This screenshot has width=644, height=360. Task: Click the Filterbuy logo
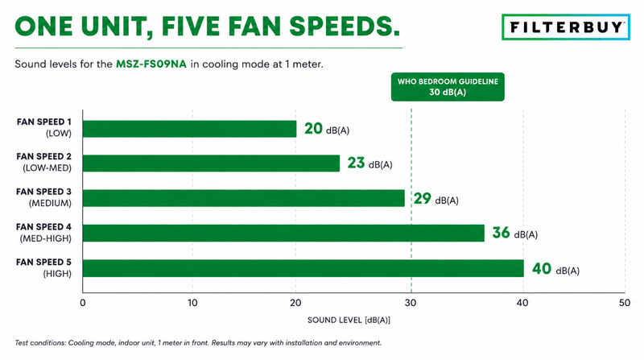pos(566,27)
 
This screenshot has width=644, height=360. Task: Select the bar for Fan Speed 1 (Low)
pos(189,129)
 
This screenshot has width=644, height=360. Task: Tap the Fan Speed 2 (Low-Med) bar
pos(211,163)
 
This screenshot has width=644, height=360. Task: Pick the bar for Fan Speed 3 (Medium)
pos(244,198)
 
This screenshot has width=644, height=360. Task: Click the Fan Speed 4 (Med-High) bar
pos(283,233)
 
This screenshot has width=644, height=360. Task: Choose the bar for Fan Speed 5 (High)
pos(303,268)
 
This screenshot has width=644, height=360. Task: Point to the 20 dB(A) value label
pos(327,129)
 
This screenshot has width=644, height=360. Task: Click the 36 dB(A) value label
pos(515,233)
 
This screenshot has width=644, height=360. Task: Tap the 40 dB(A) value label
pos(555,269)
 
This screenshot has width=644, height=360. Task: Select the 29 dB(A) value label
pos(436,199)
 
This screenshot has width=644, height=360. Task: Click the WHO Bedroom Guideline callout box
pos(448,87)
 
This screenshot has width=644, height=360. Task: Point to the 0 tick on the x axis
pos(83,303)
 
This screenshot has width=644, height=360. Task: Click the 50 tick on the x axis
pos(625,303)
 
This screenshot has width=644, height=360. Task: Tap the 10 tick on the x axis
pos(192,303)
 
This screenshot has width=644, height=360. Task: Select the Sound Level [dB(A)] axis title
pos(349,321)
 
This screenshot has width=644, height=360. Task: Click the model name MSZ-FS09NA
pos(151,64)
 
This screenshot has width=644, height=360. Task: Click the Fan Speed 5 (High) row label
pos(44,268)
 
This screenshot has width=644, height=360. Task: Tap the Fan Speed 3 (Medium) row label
pos(44,197)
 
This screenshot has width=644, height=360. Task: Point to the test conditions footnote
pos(198,343)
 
